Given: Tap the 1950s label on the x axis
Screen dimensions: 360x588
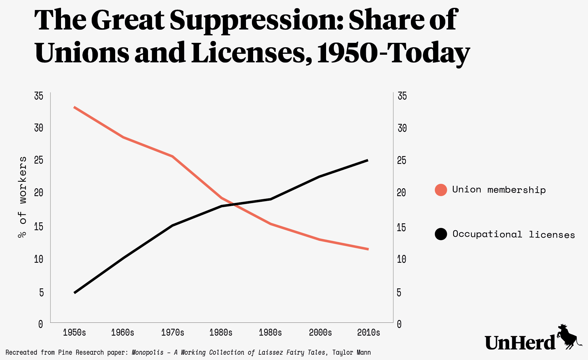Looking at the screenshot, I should coord(74,332).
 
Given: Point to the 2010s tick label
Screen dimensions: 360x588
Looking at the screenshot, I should coord(369,332).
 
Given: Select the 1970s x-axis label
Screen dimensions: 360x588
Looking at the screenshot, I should coord(173,332).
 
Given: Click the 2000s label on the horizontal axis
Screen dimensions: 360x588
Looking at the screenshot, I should coord(320,332).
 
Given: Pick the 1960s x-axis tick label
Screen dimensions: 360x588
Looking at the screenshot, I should coord(123,332).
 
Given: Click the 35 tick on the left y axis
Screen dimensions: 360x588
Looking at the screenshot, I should coord(38,96).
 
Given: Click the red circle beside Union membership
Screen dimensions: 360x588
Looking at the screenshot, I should coord(441,190).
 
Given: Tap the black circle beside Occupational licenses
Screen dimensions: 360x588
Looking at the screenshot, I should coord(441,234).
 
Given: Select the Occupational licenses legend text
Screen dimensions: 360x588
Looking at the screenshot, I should coord(514,235).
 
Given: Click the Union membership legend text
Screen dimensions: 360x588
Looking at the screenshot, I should coord(499,190).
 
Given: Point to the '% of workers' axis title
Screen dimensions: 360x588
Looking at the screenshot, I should coord(23,197).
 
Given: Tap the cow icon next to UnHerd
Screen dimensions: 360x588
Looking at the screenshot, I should coord(568,337).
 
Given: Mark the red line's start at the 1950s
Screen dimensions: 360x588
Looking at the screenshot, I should coord(74,107).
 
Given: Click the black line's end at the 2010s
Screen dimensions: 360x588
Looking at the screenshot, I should coord(367,160).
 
